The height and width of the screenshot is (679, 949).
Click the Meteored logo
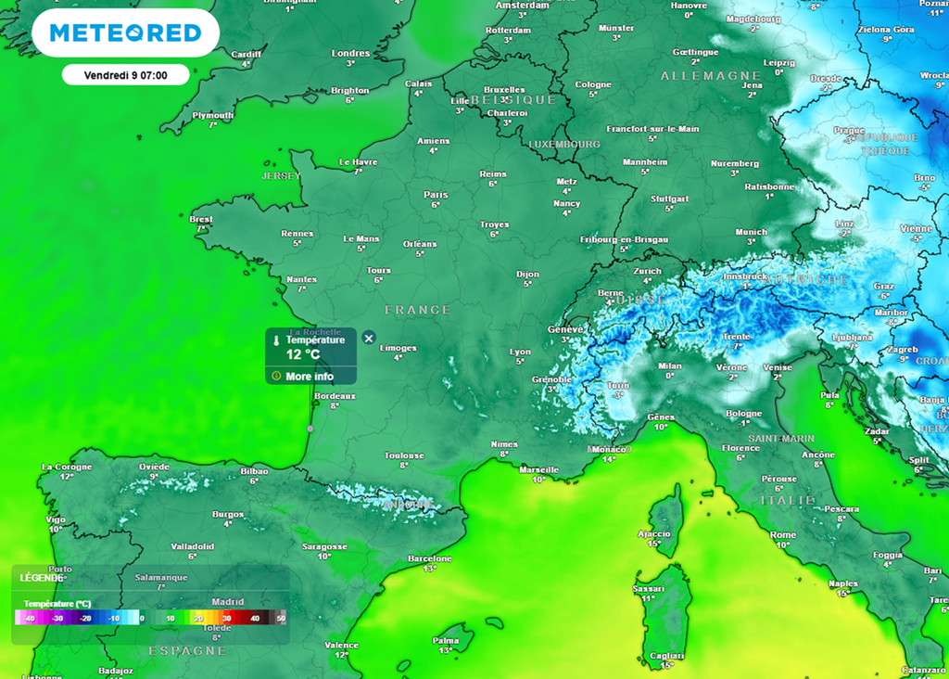[x=125, y=33]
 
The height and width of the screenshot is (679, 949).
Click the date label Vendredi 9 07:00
[x=125, y=74]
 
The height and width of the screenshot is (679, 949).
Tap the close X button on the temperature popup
[x=369, y=338]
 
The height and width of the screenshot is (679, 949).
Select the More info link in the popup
[x=310, y=377]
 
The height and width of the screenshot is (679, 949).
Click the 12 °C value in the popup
[x=302, y=354]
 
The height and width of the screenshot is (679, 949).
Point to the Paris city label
[x=436, y=195]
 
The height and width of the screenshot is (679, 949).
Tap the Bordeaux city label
[x=335, y=396]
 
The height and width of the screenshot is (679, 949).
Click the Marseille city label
[x=539, y=469]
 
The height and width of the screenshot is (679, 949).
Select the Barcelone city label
[x=430, y=558]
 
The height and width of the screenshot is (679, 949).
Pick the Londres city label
[x=350, y=54]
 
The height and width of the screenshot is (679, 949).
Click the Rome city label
[x=783, y=535]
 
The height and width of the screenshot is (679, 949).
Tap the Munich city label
[x=751, y=232]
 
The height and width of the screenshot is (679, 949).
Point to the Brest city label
[x=200, y=220]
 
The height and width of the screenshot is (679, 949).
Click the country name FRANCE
[x=418, y=310]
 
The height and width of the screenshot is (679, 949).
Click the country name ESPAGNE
[x=187, y=651]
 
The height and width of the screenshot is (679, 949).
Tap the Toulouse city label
[x=404, y=455]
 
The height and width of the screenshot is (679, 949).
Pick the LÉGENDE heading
[x=41, y=577]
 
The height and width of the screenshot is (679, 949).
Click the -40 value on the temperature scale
[x=29, y=619]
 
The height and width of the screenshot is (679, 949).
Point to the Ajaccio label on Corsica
[x=654, y=533]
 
